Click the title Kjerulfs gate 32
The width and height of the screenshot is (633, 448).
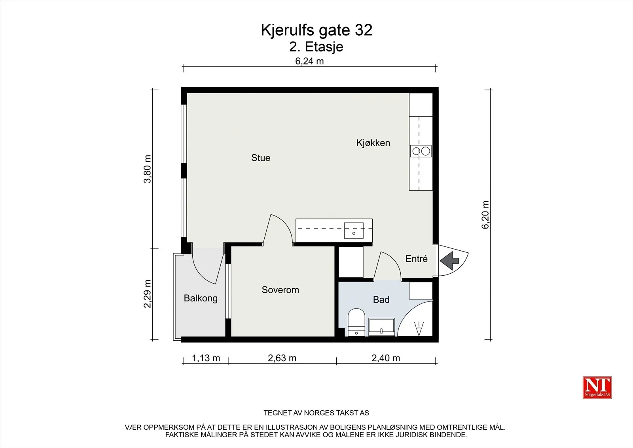click(x=316, y=30)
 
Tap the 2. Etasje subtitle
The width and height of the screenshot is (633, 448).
click(x=316, y=47)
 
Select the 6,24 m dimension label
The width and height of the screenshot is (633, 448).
click(x=309, y=61)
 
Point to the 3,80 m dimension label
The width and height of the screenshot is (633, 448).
click(x=148, y=169)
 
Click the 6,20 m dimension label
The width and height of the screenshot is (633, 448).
click(x=485, y=215)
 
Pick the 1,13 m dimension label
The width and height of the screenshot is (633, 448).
click(x=206, y=358)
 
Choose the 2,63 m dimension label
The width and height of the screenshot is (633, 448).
click(x=282, y=358)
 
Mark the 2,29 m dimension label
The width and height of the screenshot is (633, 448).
click(x=148, y=294)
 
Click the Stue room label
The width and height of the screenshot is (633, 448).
click(x=261, y=158)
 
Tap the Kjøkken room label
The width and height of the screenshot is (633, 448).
click(x=373, y=143)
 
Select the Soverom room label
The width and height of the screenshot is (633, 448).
click(x=280, y=290)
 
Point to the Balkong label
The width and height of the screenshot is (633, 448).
click(x=201, y=298)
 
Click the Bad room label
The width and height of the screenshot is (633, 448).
click(x=381, y=299)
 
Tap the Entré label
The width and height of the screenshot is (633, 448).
click(x=417, y=259)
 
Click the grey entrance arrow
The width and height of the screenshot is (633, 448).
click(x=449, y=260)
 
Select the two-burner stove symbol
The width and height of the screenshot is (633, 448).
click(x=421, y=151)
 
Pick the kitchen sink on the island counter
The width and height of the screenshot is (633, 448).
click(x=354, y=231)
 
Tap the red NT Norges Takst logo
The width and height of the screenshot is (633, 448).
click(x=597, y=387)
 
